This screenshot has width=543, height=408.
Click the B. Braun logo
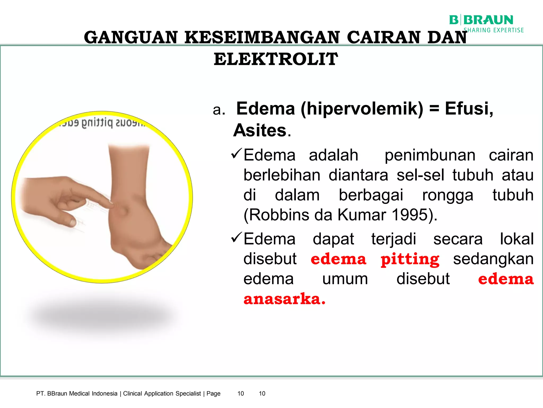pos(481,20)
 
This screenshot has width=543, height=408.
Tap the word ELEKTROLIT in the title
pos(276,59)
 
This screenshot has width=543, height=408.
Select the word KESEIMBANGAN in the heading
pos(262,37)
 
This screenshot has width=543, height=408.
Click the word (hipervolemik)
pos(362,109)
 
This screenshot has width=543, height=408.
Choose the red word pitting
pos(410,259)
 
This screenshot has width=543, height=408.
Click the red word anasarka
pos(284,299)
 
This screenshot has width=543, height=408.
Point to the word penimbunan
pos(430,155)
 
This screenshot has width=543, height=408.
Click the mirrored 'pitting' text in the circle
pos(97,123)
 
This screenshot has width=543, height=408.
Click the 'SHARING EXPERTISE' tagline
pos(494,30)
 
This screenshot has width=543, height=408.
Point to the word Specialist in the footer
pos(188,393)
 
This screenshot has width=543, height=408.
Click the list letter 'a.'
pos(219,110)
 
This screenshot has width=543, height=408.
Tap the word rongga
pos(448,195)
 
